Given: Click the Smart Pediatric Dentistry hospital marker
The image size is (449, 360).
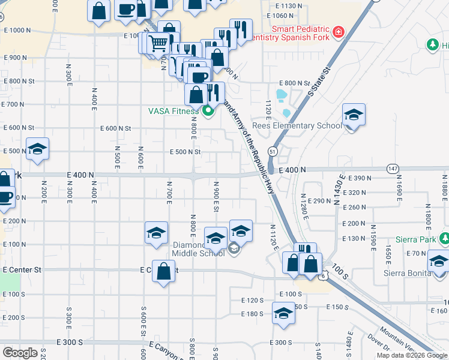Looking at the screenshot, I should coord(339,32).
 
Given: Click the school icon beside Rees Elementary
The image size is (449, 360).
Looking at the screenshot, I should coord(354,116).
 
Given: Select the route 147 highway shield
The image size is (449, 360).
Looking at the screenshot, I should coord(393,168).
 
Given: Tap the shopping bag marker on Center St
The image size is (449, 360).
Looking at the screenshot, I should coord(164,272).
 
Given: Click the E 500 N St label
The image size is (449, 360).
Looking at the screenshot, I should coord(185,152).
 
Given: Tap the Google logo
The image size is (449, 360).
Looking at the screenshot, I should coord(20,352).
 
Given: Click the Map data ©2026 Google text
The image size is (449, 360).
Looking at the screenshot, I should coord(412,355).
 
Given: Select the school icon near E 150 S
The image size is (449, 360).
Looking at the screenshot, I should coord(283,314).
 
